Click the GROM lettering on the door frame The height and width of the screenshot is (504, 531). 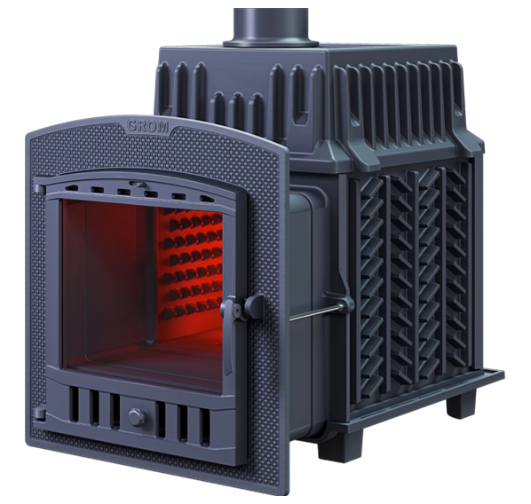coord(148,126)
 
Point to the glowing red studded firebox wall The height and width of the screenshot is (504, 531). coord(193,264)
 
